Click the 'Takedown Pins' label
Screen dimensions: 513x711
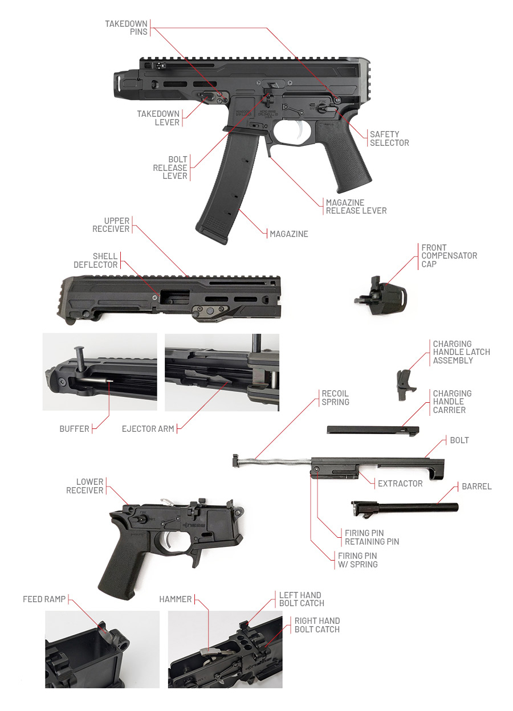click(x=126, y=28)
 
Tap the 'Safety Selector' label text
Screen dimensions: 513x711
click(x=389, y=138)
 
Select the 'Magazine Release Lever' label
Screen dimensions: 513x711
click(x=356, y=206)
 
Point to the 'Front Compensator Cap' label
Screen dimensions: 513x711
click(x=449, y=256)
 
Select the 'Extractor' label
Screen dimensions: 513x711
click(x=400, y=484)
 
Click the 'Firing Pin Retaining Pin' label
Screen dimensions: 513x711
click(x=372, y=537)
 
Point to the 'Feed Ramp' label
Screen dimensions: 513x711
click(x=44, y=599)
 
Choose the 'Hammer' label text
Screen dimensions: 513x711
click(x=176, y=599)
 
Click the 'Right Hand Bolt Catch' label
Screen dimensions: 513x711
click(x=317, y=625)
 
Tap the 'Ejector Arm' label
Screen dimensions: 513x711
click(x=148, y=428)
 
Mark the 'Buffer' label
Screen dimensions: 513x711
click(x=74, y=428)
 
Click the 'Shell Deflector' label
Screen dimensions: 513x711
click(x=96, y=260)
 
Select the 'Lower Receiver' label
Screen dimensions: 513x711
click(x=85, y=486)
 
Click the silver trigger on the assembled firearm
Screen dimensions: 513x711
click(x=300, y=132)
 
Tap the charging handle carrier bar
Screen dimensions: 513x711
click(x=373, y=430)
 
